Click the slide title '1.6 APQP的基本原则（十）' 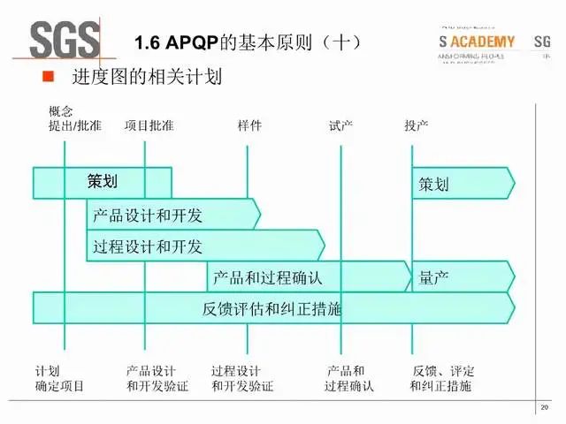(x=247, y=42)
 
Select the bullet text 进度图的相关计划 (x=146, y=78)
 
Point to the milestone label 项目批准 (x=149, y=125)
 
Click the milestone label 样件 (x=249, y=125)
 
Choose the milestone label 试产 (x=340, y=125)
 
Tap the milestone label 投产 (x=417, y=125)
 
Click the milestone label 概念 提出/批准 (x=74, y=118)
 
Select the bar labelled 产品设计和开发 (x=172, y=214)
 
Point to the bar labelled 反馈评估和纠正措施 (x=272, y=308)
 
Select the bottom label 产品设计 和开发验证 (x=157, y=378)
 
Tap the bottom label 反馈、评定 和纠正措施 (x=441, y=378)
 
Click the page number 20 (x=544, y=407)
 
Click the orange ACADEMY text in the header (x=483, y=42)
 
